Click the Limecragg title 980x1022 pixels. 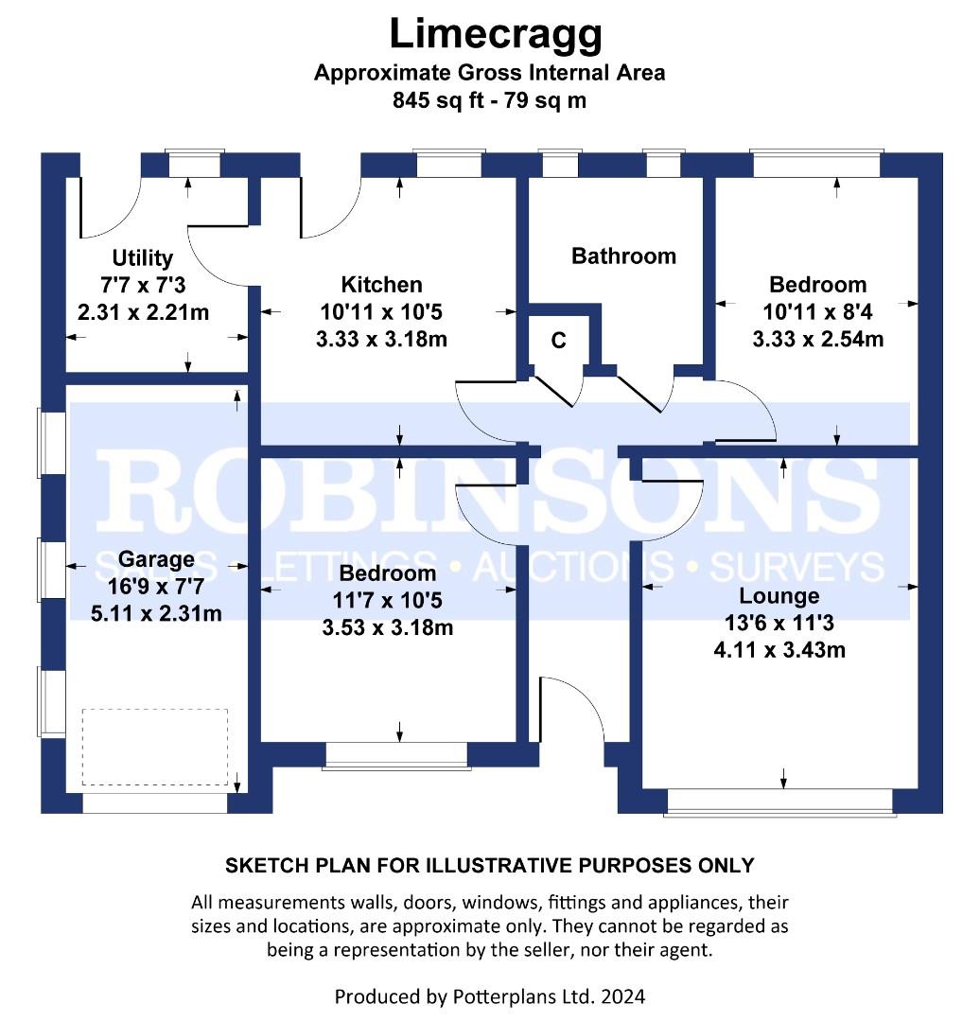pos(496,35)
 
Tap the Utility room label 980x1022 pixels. pos(143,258)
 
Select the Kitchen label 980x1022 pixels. pos(382,284)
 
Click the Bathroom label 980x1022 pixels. pos(623,255)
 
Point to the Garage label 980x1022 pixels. pos(156,559)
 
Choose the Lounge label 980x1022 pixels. pos(779,596)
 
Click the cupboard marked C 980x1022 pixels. pos(558,341)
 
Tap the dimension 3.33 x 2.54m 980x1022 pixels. pos(817,339)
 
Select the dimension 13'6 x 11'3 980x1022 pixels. pos(779,623)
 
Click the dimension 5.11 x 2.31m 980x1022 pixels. pos(156,613)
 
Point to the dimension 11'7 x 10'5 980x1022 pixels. pos(388,600)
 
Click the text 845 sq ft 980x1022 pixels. pos(438,100)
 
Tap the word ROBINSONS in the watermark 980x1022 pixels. pos(489,489)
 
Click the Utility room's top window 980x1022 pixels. pos(194,164)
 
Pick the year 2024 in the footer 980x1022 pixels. pos(623,996)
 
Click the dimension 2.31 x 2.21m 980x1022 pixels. pos(144,312)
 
